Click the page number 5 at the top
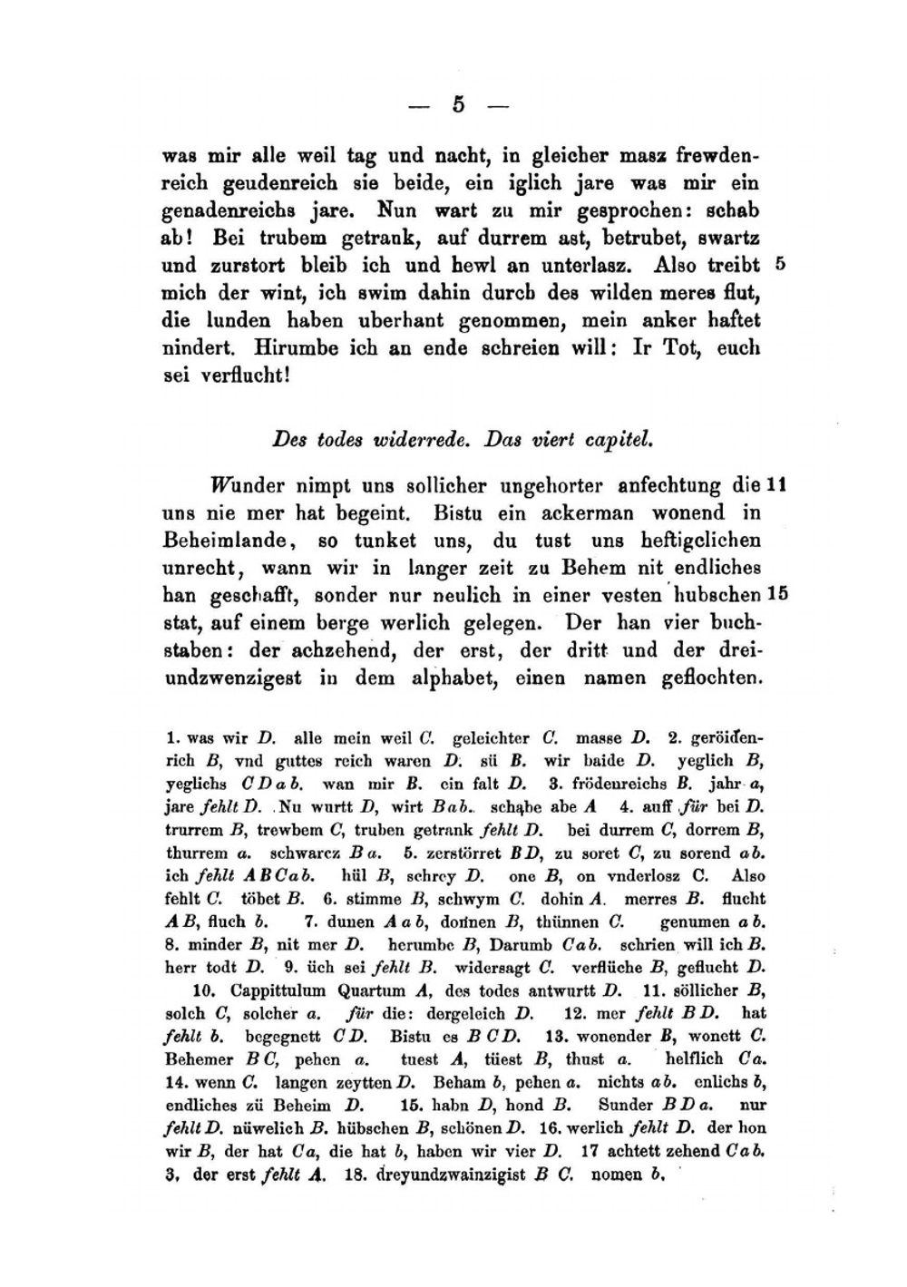tap(458, 104)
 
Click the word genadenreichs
tap(221, 211)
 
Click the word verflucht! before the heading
tap(238, 376)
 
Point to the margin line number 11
tap(775, 485)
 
